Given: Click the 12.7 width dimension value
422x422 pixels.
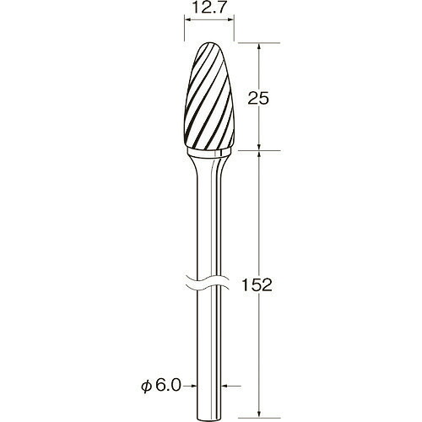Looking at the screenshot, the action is tap(209, 8).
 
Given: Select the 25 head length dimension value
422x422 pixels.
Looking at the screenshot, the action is tap(258, 99).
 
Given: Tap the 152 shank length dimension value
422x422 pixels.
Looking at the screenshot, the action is tap(257, 285).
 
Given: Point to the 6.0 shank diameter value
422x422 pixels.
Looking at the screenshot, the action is tap(167, 386).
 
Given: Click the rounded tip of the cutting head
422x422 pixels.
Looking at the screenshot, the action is tap(207, 43).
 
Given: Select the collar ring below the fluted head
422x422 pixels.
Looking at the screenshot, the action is tap(209, 152).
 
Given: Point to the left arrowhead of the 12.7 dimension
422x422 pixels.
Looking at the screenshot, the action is tap(187, 19).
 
